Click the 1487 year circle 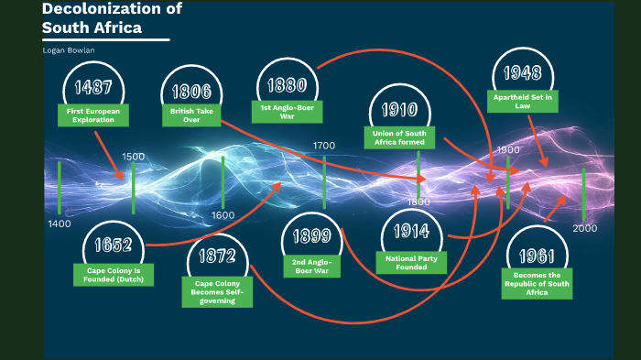coord(94,88)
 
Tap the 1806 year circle coord(192,92)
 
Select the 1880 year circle coord(287,85)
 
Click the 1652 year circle coord(113,245)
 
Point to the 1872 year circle coord(216,256)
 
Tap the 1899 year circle coord(311,236)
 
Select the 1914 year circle coord(411,232)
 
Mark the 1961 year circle coord(538,255)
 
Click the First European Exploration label coord(93,115)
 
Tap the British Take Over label coord(191,115)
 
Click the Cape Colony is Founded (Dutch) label coord(114,275)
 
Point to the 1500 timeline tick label coord(133,157)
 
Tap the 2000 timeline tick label coord(585,228)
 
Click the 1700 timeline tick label coord(324,146)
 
